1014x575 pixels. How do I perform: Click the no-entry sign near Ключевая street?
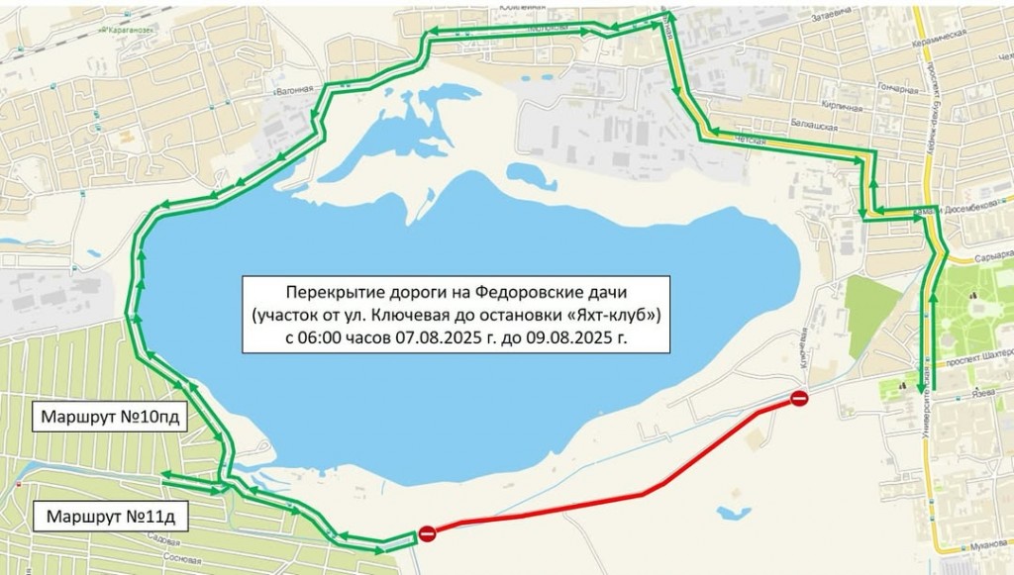(799, 399)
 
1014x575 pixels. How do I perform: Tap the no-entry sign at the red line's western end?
(427, 534)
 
